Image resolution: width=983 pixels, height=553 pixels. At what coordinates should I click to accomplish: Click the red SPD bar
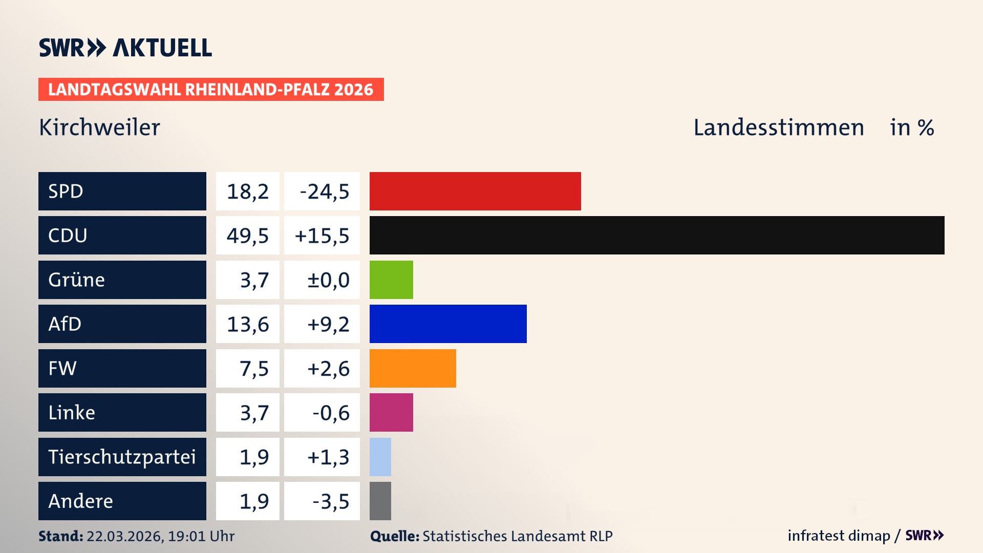[475, 191]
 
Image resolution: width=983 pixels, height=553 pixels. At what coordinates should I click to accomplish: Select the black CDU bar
[657, 236]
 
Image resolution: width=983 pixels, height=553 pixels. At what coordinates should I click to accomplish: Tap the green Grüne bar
[391, 280]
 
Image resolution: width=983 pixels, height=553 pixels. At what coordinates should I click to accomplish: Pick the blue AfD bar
[448, 324]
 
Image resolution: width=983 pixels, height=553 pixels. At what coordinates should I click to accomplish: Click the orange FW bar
[413, 368]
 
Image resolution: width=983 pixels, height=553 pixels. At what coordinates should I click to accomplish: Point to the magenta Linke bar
[391, 413]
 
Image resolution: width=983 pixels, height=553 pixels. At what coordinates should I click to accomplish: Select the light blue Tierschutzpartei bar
[380, 457]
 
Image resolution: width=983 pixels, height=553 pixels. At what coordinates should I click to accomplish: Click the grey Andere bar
[380, 501]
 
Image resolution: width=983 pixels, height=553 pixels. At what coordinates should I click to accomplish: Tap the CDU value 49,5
[248, 236]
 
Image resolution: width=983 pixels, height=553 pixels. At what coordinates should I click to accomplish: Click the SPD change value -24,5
[324, 192]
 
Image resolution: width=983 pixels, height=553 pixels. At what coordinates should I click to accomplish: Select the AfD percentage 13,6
[248, 324]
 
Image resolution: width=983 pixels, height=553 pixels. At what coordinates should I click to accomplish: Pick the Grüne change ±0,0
[328, 280]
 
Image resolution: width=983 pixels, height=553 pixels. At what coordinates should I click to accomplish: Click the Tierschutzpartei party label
[122, 457]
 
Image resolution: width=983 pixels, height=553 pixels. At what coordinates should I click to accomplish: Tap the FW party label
[62, 368]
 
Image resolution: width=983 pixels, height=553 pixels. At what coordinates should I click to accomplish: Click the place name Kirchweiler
[99, 127]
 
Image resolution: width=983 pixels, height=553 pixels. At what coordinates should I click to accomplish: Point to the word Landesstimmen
[778, 127]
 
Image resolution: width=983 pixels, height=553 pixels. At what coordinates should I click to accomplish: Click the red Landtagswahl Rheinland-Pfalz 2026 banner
[211, 90]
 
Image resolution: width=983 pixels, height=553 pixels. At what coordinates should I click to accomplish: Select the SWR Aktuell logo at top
[125, 48]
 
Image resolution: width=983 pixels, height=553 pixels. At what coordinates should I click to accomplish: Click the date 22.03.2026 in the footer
[124, 536]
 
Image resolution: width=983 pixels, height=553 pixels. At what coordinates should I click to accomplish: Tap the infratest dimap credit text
[839, 536]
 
